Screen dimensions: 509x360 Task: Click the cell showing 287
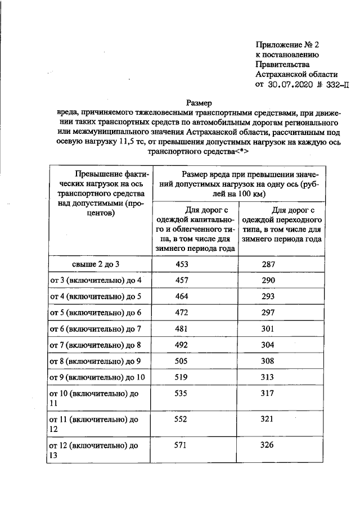271,264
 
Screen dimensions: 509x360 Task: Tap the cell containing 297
271,312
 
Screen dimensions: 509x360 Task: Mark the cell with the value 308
271,361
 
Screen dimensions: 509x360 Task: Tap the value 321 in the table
271,419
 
